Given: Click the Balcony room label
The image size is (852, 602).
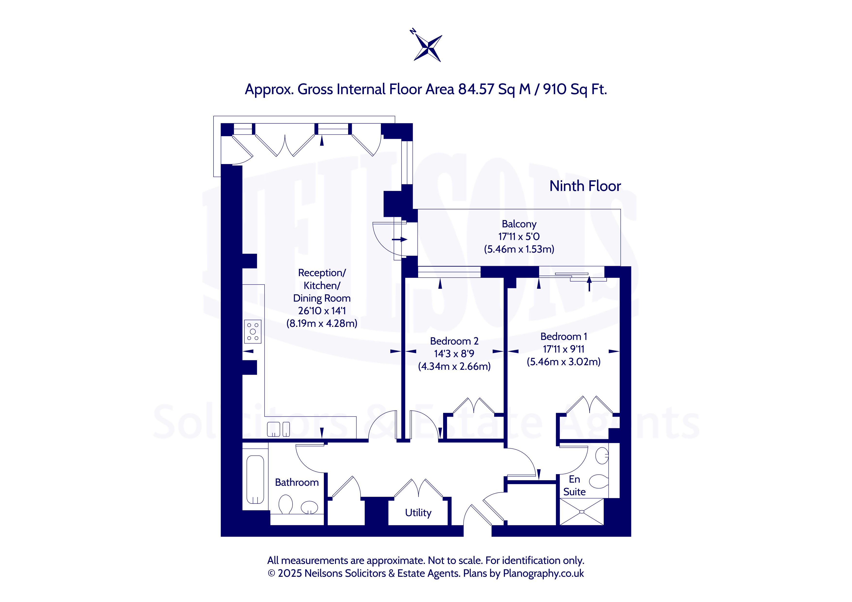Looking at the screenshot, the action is [519, 224].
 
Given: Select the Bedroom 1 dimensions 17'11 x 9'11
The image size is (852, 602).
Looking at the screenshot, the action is [563, 349].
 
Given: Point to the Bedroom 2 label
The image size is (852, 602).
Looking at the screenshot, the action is [454, 341].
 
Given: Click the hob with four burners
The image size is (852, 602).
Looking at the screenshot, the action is [253, 331].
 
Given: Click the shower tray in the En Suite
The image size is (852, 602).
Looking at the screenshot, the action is [581, 511].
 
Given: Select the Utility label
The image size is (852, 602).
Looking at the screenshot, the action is [418, 513].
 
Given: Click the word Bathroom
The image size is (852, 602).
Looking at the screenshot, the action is [297, 482].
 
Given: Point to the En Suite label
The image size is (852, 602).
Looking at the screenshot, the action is [574, 486].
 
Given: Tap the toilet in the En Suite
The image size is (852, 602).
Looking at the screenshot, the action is [599, 481].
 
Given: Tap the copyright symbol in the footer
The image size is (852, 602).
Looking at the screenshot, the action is [271, 573].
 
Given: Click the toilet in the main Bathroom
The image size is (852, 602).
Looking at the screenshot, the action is [285, 504].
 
